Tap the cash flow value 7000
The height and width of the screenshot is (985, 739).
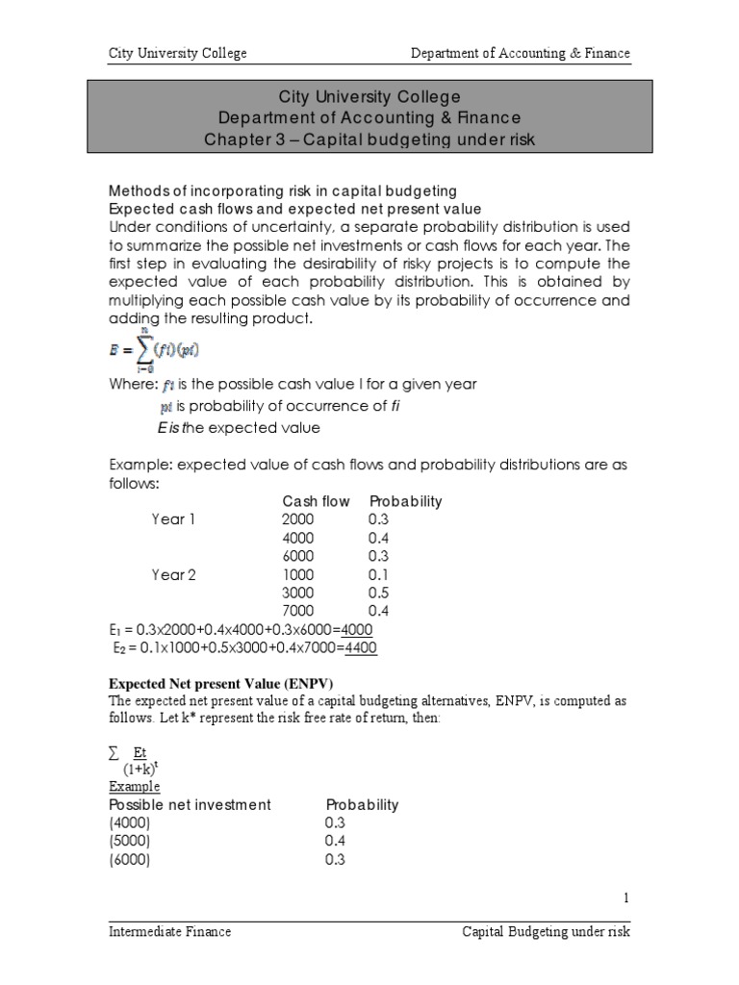tap(298, 611)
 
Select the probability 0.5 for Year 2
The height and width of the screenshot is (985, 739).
tap(378, 593)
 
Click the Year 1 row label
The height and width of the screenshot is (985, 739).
tap(173, 519)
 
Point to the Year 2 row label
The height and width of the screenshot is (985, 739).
tap(173, 574)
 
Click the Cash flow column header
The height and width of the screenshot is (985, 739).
tap(316, 501)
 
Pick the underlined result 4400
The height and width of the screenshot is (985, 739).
tap(361, 647)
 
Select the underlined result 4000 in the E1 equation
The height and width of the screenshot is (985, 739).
tap(356, 629)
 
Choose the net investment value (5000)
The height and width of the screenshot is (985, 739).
tap(130, 841)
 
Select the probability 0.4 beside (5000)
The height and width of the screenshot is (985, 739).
tap(336, 841)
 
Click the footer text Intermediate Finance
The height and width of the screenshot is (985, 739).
tap(169, 931)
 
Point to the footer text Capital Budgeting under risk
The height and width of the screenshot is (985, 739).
tap(546, 931)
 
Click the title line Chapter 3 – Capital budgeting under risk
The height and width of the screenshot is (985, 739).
tap(369, 139)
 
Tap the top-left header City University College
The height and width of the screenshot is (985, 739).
tap(177, 53)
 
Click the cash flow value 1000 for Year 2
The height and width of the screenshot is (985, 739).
tap(298, 574)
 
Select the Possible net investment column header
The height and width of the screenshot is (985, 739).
tap(190, 804)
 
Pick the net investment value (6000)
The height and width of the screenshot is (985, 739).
tap(130, 859)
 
